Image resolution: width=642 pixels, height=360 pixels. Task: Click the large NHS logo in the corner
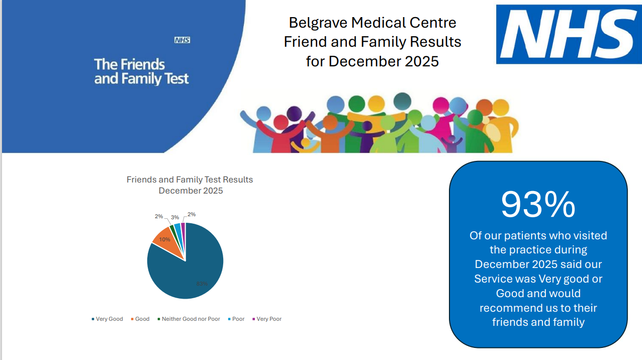(568, 34)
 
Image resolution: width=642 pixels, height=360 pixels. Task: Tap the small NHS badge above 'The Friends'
(182, 40)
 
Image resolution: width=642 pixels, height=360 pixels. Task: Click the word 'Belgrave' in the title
(318, 23)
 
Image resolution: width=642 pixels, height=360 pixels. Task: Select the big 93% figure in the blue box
(538, 204)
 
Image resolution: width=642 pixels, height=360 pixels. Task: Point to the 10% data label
(164, 240)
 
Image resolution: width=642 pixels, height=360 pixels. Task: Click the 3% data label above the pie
(175, 217)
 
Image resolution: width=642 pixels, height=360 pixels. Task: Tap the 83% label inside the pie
(202, 284)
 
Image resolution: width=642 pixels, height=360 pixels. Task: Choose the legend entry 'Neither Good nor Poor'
(191, 319)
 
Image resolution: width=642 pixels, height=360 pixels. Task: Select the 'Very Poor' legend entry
(268, 319)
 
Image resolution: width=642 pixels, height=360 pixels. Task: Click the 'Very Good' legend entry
(109, 319)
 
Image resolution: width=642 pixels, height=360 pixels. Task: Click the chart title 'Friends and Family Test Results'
(190, 179)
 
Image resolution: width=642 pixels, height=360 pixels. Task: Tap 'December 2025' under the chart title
(191, 191)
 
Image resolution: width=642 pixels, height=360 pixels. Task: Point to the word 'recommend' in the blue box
(510, 308)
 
